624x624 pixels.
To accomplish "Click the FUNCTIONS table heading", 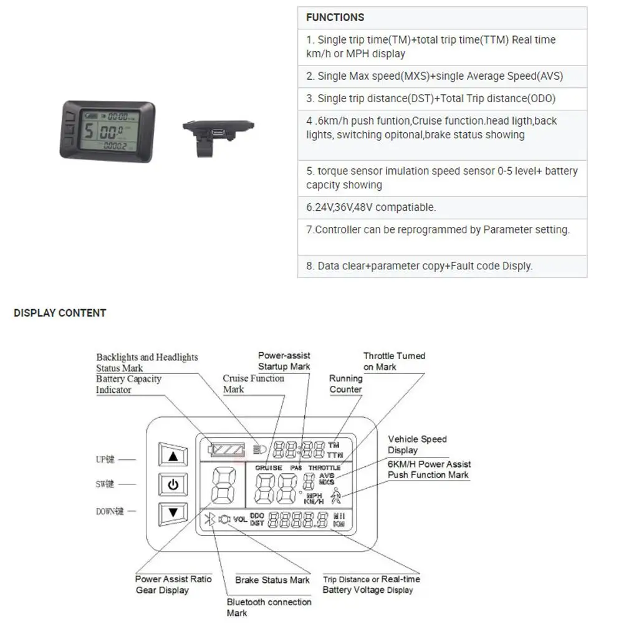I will [335, 17].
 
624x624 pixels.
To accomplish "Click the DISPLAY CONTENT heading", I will [60, 313].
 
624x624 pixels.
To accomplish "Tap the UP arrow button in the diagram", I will [173, 456].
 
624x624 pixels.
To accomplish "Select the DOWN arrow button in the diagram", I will [173, 513].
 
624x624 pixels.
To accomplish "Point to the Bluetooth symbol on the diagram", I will [211, 519].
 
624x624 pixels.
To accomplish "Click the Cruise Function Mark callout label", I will [253, 383].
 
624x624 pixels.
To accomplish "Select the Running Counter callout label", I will [345, 383].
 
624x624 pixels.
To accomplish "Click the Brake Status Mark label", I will [272, 580].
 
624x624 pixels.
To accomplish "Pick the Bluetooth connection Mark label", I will [269, 608].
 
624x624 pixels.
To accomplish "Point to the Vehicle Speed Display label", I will [417, 444].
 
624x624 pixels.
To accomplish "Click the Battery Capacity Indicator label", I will [128, 384].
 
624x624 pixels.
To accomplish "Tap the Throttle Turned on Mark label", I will [394, 361].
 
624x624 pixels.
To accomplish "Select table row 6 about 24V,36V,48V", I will [370, 208].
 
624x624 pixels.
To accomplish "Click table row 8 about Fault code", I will [419, 266].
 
